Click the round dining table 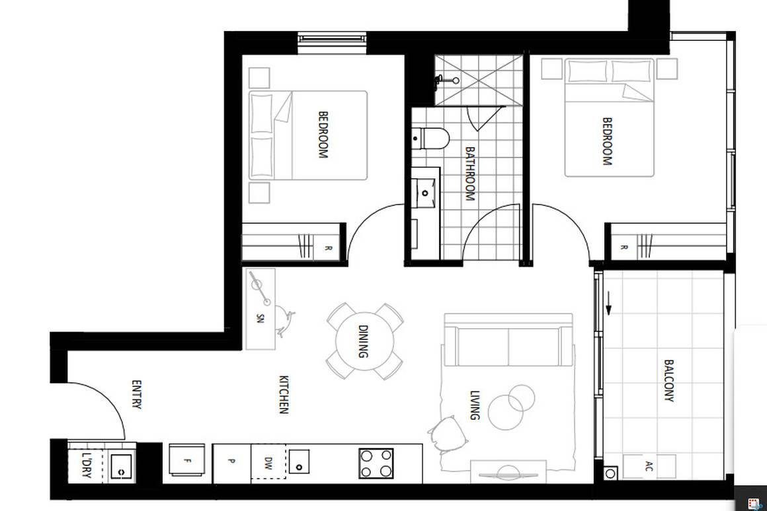click(364, 341)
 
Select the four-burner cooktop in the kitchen click(376, 463)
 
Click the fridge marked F click(187, 461)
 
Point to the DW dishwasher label click(268, 461)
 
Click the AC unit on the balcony click(649, 465)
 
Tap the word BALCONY click(668, 380)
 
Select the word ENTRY click(136, 394)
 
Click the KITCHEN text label click(284, 394)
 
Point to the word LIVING click(474, 405)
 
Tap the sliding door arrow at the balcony click(609, 308)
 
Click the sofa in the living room click(508, 341)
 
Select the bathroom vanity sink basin click(425, 192)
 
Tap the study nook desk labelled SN click(260, 308)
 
